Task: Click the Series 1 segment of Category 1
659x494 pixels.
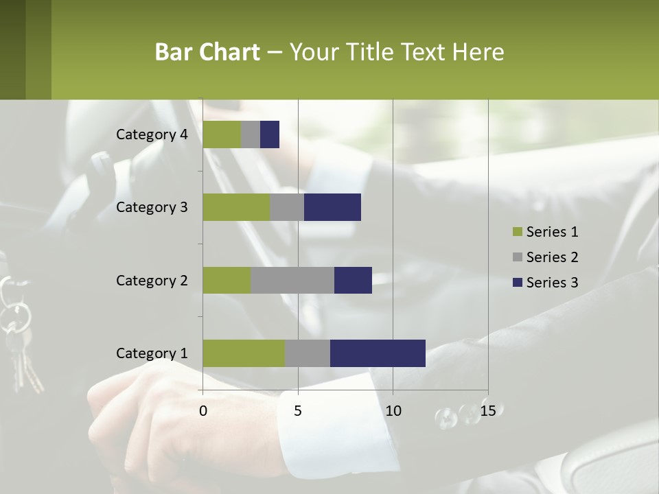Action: point(244,353)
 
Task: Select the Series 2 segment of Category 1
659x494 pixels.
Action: point(308,353)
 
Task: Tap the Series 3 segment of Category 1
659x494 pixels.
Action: point(378,353)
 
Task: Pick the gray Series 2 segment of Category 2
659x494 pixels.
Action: point(292,280)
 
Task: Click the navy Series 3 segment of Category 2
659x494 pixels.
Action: point(353,280)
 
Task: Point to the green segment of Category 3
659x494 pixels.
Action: point(236,207)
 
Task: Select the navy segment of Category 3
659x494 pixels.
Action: point(332,207)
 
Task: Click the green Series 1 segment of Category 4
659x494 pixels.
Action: point(222,134)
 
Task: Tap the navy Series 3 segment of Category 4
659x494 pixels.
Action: point(270,134)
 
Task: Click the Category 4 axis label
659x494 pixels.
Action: point(152,134)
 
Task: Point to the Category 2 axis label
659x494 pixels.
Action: point(152,280)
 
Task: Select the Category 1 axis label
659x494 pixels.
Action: point(152,353)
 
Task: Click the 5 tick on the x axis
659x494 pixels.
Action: point(298,411)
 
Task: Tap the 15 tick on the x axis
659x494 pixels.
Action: point(487,411)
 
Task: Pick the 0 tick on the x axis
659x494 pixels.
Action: point(203,411)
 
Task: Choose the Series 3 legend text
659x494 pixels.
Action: point(552,283)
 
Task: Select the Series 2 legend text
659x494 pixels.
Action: point(552,257)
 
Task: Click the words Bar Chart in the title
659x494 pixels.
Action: point(207,52)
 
